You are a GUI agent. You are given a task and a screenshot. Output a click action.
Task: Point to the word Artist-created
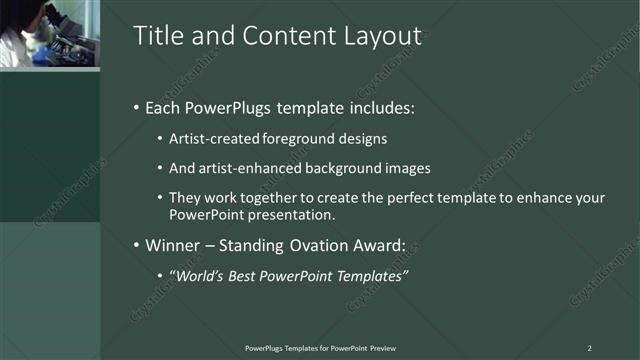[x=204, y=138]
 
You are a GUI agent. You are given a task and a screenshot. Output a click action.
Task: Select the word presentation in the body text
[x=290, y=214]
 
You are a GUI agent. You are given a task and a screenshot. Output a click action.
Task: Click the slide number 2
[x=589, y=347]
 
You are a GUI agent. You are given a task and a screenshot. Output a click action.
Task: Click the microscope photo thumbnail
[x=49, y=34]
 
